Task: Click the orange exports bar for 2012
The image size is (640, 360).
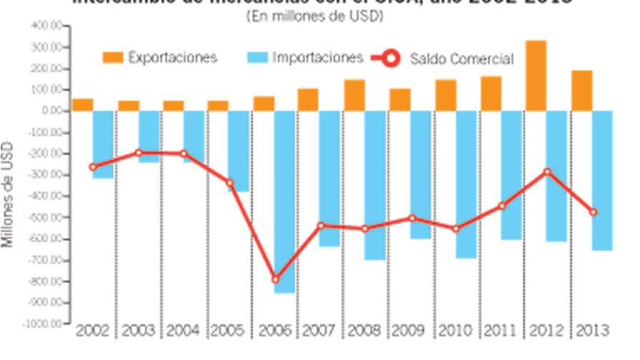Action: point(536,76)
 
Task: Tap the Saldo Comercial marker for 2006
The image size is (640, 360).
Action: point(276,279)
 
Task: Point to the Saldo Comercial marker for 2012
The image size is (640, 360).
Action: point(548,171)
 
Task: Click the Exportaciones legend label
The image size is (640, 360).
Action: point(172,58)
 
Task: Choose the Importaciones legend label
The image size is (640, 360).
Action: point(318,58)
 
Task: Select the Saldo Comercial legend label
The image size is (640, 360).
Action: point(461,59)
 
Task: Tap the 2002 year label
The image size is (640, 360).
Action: point(93,331)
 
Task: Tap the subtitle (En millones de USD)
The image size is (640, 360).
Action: point(319,16)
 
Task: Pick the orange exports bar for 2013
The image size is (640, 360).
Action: point(581,91)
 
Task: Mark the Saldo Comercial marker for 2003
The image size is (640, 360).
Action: point(139,152)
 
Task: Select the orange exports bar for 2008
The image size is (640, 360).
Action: point(354,95)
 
